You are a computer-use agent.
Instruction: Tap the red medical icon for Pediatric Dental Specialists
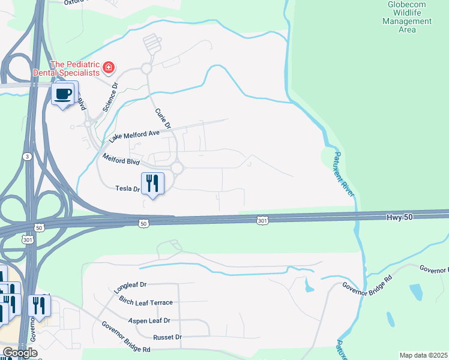(109, 67)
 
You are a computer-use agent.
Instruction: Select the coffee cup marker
(64, 94)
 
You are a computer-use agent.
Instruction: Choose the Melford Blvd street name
(121, 160)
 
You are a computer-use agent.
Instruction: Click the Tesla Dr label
(127, 188)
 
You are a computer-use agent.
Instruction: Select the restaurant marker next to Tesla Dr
(152, 183)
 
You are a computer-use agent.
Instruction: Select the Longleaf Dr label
(130, 287)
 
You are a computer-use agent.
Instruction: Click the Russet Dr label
(167, 337)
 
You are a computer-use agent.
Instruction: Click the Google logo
(20, 353)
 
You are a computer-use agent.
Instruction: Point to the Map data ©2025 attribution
(424, 355)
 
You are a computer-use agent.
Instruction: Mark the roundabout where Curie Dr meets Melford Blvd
(177, 169)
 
